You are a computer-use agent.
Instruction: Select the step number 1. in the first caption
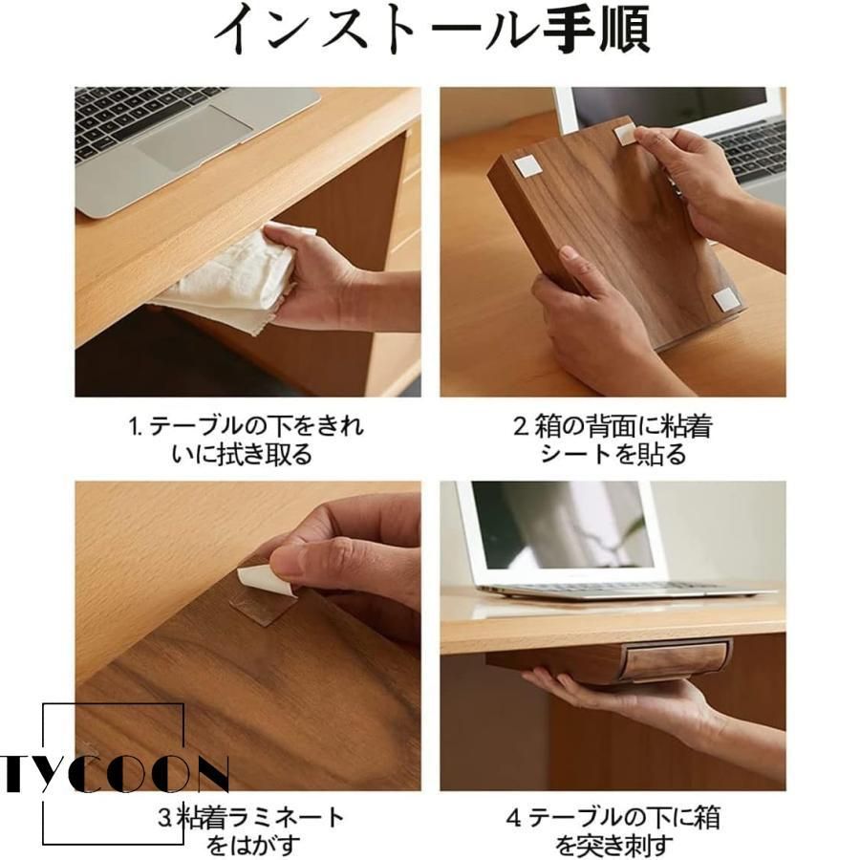[135, 426]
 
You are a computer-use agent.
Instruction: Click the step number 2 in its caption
[520, 427]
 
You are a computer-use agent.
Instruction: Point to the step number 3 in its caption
[165, 817]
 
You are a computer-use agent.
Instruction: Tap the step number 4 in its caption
[514, 818]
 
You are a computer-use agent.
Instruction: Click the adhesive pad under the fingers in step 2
[624, 135]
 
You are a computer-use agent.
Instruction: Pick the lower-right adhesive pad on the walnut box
[725, 299]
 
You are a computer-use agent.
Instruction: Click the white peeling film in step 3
[265, 580]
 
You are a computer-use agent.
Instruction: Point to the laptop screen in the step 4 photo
[562, 525]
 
